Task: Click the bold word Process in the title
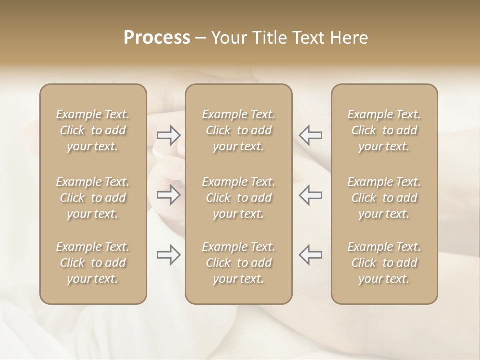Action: [x=157, y=38]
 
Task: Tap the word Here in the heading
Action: [x=349, y=38]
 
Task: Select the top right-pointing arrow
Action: [x=168, y=134]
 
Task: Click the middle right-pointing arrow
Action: [x=168, y=195]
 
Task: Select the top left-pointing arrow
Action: [x=311, y=134]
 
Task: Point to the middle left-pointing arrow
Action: [x=311, y=195]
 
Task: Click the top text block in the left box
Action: [x=93, y=130]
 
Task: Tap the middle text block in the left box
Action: [x=93, y=198]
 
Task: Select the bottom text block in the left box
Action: [x=93, y=263]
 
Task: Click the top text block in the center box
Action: [x=238, y=130]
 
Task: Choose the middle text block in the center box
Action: [x=238, y=198]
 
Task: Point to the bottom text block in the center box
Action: [x=238, y=263]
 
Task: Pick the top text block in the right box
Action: [x=384, y=130]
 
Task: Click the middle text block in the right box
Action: [x=384, y=198]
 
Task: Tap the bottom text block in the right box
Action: [x=384, y=263]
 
